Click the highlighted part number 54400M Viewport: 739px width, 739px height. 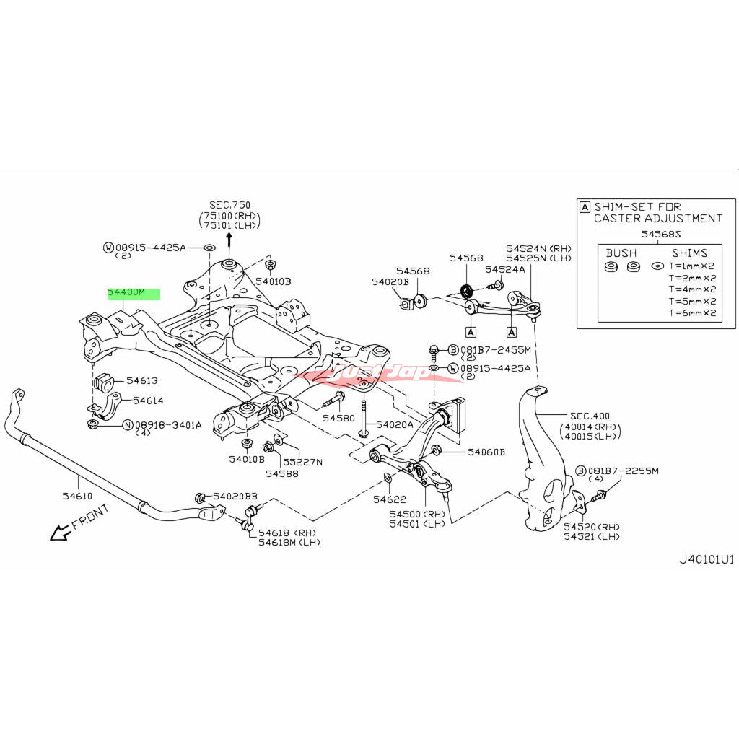pyautogui.click(x=127, y=293)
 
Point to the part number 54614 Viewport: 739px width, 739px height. pyautogui.click(x=145, y=400)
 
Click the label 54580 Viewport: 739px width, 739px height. pyautogui.click(x=338, y=418)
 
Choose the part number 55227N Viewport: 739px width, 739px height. pyautogui.click(x=302, y=462)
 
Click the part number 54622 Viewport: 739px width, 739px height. pyautogui.click(x=389, y=499)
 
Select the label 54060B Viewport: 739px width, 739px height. pyautogui.click(x=486, y=452)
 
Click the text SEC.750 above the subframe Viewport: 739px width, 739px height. pyautogui.click(x=230, y=206)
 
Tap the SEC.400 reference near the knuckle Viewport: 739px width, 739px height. pyautogui.click(x=590, y=416)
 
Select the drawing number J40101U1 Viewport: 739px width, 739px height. pyautogui.click(x=707, y=559)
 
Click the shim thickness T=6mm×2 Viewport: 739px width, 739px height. pyautogui.click(x=692, y=313)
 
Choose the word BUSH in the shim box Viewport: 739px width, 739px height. pyautogui.click(x=621, y=253)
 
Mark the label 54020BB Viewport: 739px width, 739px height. pyautogui.click(x=235, y=497)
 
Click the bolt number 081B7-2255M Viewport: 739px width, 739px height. pyautogui.click(x=623, y=471)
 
